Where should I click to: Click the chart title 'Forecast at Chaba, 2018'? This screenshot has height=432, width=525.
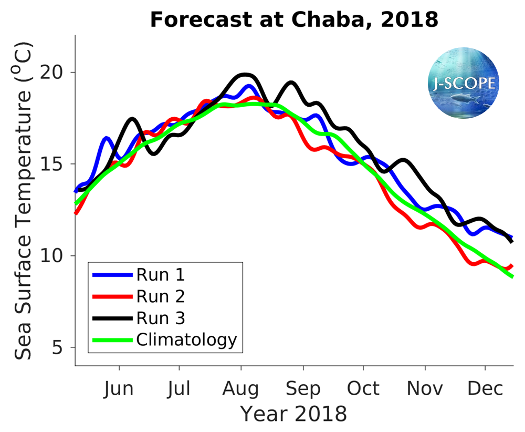pos(293,19)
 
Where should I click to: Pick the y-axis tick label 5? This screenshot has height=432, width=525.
pos(64,347)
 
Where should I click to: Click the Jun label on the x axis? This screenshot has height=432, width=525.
pos(119,388)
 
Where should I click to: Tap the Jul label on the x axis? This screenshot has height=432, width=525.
pos(180,388)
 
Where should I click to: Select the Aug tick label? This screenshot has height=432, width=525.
pos(240,388)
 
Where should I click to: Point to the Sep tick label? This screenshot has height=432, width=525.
pos(302,388)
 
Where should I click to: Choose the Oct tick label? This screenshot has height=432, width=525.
pos(363,388)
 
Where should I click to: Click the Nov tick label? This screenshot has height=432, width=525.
pos(424,388)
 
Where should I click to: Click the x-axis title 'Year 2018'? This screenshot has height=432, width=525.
pos(293,414)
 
